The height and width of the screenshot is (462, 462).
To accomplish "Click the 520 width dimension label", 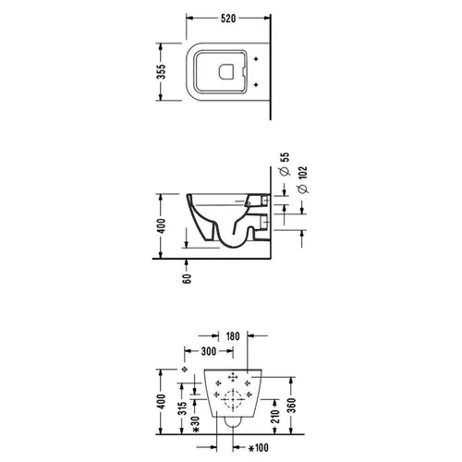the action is coord(228,18).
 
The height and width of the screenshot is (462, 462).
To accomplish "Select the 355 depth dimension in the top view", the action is coord(161,71).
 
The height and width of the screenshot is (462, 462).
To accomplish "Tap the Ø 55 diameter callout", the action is coord(286,164).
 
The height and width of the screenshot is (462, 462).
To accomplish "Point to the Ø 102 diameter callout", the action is coord(303,180).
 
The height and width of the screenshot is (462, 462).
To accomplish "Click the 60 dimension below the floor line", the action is coord(187,278).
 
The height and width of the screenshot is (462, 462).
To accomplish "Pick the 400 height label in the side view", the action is coord(161,225).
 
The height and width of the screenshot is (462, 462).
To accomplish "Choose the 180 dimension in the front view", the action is coord(233,336).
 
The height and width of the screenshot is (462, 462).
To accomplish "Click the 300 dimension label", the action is coord(209,351).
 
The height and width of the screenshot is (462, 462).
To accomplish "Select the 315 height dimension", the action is coord(183,408).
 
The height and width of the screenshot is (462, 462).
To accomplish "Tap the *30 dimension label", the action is coord(196,424).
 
